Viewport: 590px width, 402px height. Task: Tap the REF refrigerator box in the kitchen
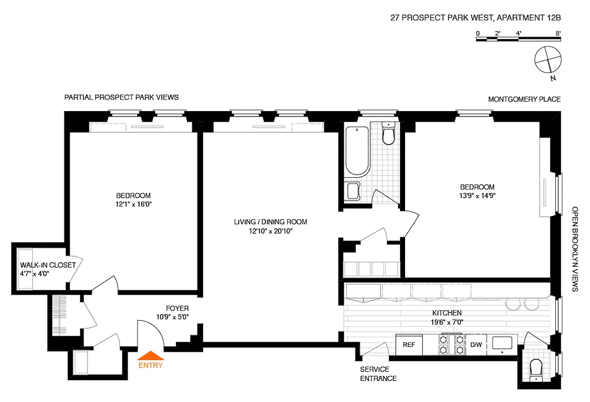(x=409, y=345)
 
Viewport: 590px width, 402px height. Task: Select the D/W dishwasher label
(x=475, y=345)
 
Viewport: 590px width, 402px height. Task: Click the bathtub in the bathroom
(x=357, y=150)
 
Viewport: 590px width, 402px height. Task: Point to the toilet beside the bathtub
(x=388, y=134)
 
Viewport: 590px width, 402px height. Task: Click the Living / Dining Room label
(x=270, y=222)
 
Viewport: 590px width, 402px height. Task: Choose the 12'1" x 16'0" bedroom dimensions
(x=133, y=205)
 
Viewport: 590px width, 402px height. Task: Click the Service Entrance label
(x=378, y=374)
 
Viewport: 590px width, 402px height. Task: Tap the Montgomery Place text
(x=524, y=99)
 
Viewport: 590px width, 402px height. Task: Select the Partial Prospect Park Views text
(x=121, y=97)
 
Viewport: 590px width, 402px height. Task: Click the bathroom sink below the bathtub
(x=353, y=191)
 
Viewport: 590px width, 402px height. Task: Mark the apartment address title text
(x=475, y=19)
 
